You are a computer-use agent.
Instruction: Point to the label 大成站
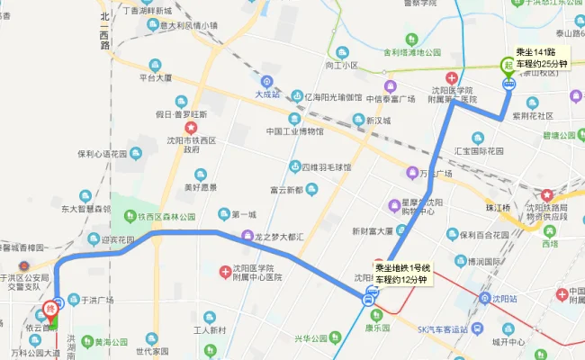coord(267,94)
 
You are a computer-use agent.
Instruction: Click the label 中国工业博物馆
coord(294,131)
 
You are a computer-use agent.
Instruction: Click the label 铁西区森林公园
coord(166,217)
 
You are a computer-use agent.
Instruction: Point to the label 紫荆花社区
coord(536,116)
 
